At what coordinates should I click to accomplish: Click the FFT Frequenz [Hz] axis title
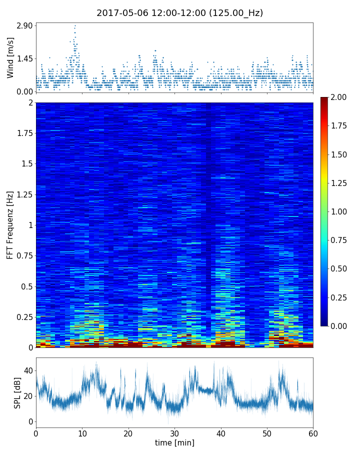pyautogui.click(x=10, y=225)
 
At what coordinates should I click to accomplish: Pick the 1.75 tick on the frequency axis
pyautogui.click(x=24, y=133)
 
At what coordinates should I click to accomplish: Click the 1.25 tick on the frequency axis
pyautogui.click(x=24, y=194)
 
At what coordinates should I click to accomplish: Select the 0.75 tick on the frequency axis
pyautogui.click(x=24, y=255)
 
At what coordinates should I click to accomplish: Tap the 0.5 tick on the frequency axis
pyautogui.click(x=26, y=286)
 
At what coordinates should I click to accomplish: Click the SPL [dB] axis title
pyautogui.click(x=17, y=392)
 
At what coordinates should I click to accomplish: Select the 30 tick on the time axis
pyautogui.click(x=174, y=433)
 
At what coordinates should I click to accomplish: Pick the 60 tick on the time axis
pyautogui.click(x=313, y=433)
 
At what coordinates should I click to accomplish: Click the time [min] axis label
pyautogui.click(x=174, y=443)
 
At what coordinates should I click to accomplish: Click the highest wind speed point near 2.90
pyautogui.click(x=75, y=25)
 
